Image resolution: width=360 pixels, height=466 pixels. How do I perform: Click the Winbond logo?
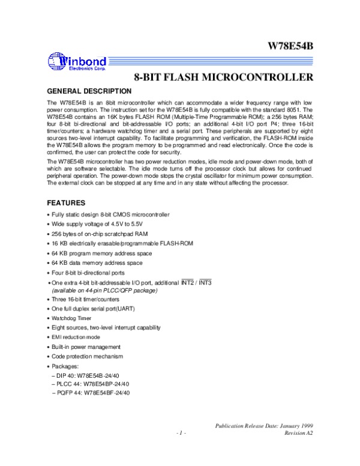click(77, 62)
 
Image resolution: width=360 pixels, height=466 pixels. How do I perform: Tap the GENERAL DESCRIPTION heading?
click(89, 91)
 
